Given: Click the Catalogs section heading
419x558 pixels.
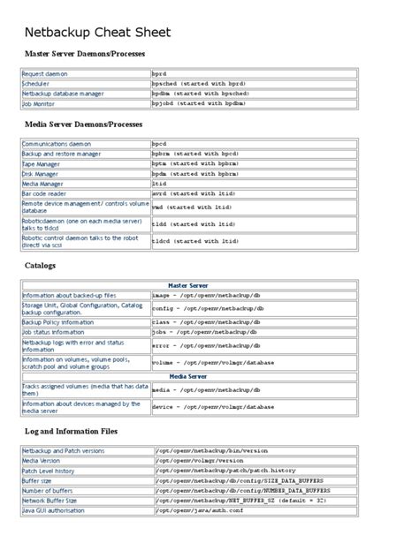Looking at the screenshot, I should point(42,265).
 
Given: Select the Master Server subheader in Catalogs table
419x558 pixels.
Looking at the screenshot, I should point(187,285).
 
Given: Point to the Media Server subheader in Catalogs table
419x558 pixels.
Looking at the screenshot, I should point(187,376).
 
